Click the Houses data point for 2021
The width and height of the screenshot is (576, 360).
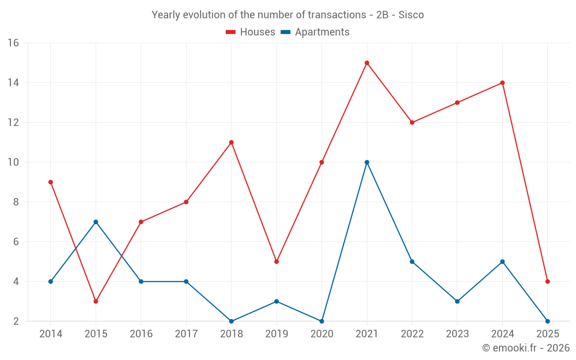367,63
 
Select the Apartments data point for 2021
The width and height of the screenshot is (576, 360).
367,162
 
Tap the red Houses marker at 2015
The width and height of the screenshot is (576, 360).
96,301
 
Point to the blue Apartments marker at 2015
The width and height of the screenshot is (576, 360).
96,222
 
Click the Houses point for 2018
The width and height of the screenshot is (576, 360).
232,142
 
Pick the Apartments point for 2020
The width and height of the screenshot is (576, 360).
322,321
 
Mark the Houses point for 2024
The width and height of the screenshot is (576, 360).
502,83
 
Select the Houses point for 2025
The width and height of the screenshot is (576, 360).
548,282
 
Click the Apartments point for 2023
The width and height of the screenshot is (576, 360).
457,301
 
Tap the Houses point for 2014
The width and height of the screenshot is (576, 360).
51,182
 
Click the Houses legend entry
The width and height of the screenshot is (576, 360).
251,32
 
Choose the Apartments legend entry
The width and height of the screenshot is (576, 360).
315,32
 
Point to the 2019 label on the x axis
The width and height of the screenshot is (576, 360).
276,334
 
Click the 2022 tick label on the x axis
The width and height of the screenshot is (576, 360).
412,334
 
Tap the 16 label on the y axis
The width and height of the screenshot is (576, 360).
13,43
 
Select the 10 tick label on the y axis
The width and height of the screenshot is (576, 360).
13,162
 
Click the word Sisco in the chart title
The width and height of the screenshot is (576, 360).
411,15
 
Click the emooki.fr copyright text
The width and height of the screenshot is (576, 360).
525,348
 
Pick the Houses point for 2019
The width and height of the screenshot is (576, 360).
276,262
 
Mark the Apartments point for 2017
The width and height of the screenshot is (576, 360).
186,282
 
